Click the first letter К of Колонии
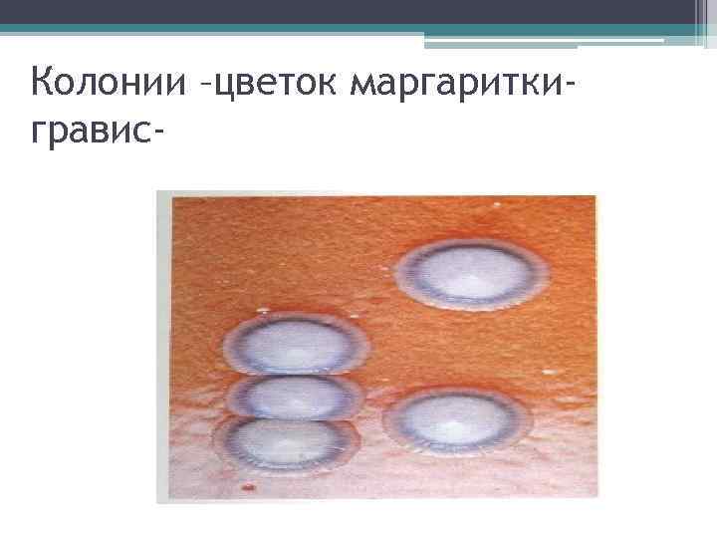(x=43, y=83)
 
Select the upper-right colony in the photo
(x=472, y=272)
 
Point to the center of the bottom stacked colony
(x=285, y=440)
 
